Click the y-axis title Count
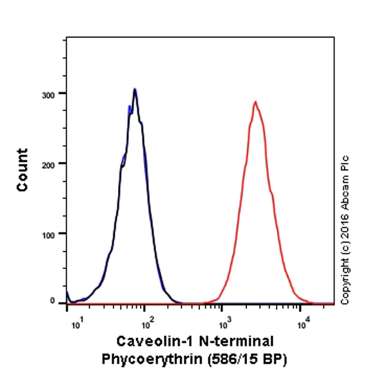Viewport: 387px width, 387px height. pyautogui.click(x=23, y=170)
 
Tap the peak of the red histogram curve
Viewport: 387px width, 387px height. pyautogui.click(x=255, y=101)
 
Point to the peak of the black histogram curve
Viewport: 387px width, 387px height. pyautogui.click(x=134, y=89)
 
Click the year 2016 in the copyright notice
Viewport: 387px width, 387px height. pyautogui.click(x=345, y=230)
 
